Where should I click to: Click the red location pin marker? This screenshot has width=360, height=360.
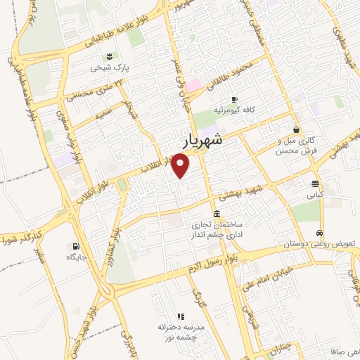coord(182,165)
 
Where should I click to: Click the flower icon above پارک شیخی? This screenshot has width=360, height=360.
coord(108,56)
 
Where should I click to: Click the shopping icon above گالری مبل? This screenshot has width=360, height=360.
coord(297,129)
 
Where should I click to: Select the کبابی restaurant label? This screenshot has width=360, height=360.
coord(314,196)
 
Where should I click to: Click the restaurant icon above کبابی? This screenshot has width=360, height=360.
coord(314,184)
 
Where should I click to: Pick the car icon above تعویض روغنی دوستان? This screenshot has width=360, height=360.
coord(320,233)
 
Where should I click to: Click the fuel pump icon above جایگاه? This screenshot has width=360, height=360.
coord(75,246)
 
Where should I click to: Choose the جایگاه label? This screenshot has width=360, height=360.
coord(75,257)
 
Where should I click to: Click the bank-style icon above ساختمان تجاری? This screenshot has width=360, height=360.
coord(215,214)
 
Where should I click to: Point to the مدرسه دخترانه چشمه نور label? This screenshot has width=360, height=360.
coord(180,333)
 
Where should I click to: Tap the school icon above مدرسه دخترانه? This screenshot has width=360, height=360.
coord(180,317)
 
